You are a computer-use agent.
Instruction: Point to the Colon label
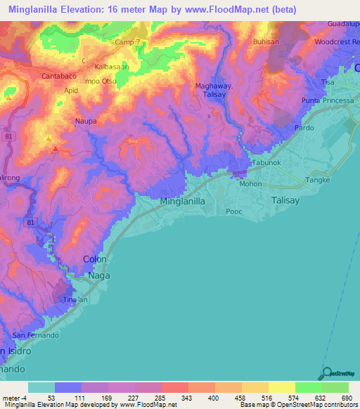[95, 259]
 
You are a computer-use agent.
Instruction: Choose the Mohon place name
[250, 184]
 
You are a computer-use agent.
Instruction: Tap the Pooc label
[233, 211]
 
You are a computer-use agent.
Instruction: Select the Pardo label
[304, 128]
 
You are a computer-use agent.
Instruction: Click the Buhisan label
[265, 42]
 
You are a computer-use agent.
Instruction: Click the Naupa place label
[86, 121]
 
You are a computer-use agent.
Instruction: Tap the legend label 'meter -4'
[14, 398]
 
